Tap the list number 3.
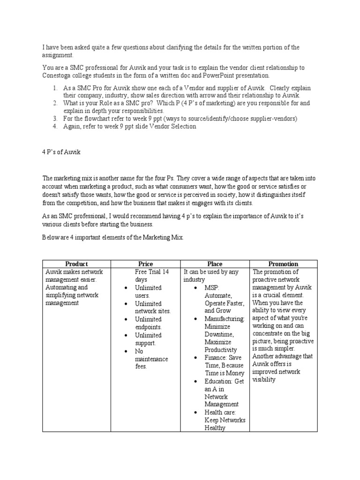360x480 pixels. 54,119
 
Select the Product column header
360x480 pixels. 76,264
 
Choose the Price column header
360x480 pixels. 145,264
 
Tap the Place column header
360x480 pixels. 215,264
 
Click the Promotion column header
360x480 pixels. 283,264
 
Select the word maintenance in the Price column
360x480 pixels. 151,359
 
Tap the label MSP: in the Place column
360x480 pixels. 212,288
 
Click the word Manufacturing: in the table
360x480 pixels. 225,319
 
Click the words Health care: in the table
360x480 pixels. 220,412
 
